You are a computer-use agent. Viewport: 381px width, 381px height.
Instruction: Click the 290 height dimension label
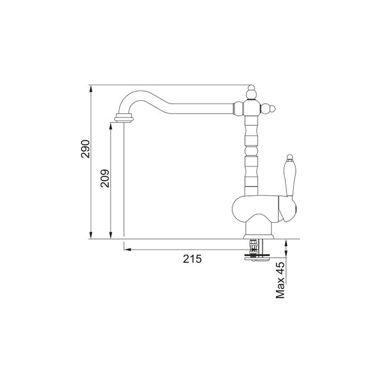click(86, 149)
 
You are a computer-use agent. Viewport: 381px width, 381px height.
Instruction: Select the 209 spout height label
click(105, 178)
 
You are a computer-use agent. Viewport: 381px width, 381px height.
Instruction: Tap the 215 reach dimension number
click(193, 259)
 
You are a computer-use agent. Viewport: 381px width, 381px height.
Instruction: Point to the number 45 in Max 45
click(280, 268)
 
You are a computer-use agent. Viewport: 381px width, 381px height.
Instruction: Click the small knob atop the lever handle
click(289, 157)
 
